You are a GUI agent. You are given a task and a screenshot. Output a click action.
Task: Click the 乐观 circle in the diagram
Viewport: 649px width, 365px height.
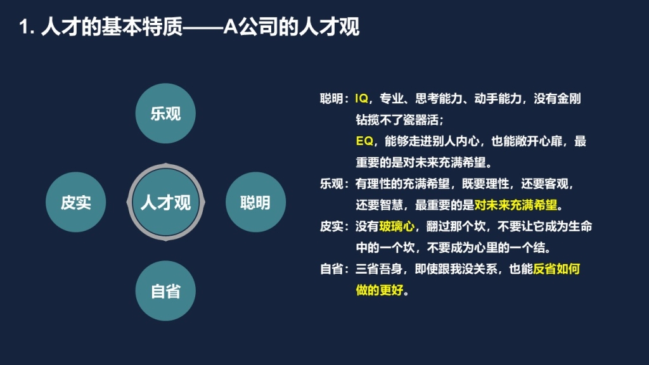[x=165, y=113]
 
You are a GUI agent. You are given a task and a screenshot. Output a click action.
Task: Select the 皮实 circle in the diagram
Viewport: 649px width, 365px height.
[x=76, y=202]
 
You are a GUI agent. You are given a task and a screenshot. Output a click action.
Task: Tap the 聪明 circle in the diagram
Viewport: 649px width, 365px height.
[x=255, y=202]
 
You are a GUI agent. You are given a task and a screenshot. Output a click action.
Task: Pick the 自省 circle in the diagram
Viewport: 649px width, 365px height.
[x=165, y=290]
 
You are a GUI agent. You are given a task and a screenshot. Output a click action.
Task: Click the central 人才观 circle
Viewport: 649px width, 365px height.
[x=165, y=202]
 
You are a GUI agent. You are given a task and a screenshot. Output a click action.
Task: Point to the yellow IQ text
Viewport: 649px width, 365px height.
[x=361, y=98]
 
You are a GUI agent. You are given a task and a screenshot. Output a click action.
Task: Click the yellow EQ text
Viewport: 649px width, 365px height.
[x=364, y=141]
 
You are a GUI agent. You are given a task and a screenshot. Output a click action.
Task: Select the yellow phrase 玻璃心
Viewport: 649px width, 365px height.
[x=397, y=226]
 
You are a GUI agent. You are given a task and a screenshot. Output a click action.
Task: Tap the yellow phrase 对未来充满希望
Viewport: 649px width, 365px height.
[x=516, y=205]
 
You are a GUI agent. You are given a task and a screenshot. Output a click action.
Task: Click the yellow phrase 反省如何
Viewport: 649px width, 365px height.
[x=556, y=269]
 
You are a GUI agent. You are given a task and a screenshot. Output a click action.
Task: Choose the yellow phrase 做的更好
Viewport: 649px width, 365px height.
[x=379, y=290]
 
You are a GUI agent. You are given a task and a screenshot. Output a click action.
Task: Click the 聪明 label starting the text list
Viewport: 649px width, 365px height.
[x=331, y=98]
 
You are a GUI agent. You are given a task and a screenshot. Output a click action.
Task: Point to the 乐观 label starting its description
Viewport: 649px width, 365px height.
[x=331, y=184]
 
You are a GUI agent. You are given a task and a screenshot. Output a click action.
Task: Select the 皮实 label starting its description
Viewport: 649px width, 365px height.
[x=331, y=226]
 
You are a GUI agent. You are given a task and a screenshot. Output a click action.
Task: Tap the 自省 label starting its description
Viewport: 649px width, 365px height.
[x=331, y=269]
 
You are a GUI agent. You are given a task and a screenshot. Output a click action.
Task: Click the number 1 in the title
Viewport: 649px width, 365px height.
[x=24, y=27]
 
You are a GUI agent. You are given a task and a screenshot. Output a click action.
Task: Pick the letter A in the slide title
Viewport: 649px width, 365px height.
[x=230, y=27]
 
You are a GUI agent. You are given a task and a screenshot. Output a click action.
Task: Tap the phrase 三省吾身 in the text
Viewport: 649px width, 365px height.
[x=379, y=269]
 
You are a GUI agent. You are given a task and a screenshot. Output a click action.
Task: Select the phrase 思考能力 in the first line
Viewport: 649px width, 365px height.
[x=439, y=98]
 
